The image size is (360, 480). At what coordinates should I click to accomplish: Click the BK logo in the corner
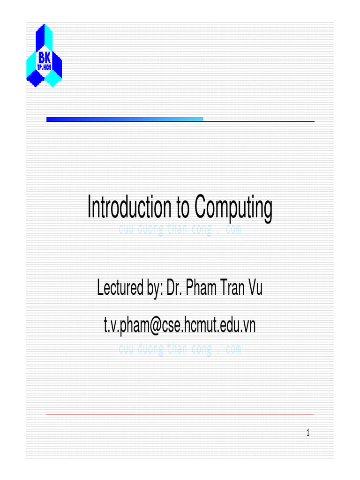pyautogui.click(x=44, y=55)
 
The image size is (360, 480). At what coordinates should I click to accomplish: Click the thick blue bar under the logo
pyautogui.click(x=125, y=119)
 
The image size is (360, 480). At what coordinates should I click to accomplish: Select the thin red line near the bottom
pyautogui.click(x=180, y=414)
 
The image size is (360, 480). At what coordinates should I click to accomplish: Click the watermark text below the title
pyautogui.click(x=180, y=230)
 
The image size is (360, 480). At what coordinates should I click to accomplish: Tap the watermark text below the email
pyautogui.click(x=180, y=349)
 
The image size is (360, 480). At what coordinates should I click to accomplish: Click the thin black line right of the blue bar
pyautogui.click(x=259, y=121)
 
